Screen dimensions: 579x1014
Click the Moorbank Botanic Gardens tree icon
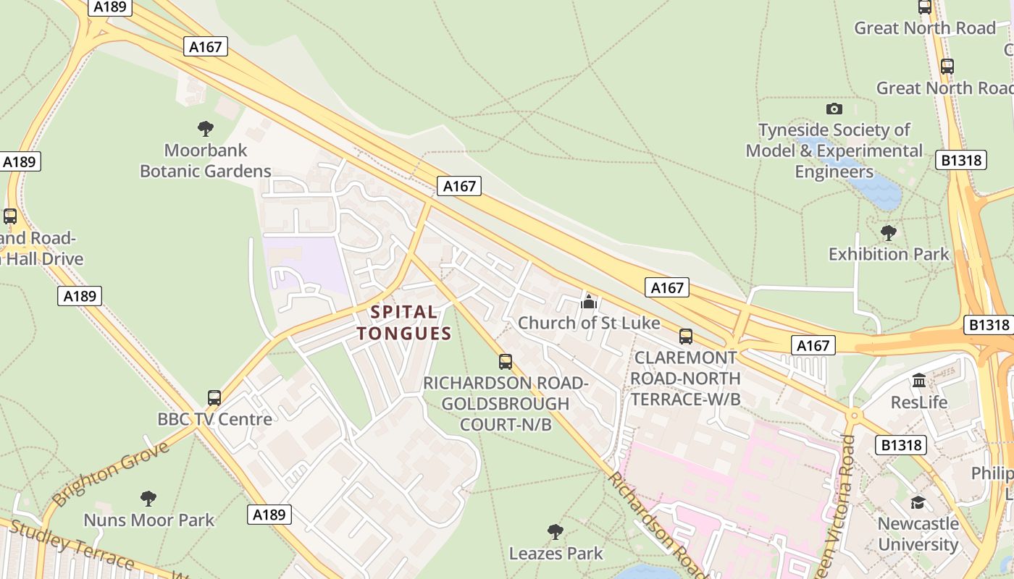tap(206, 129)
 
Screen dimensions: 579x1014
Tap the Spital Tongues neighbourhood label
tap(404, 323)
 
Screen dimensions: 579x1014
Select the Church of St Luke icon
tap(589, 301)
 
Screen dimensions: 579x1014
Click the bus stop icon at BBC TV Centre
tap(214, 397)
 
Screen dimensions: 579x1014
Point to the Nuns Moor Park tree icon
tap(148, 499)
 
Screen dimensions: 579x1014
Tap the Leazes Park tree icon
tap(556, 532)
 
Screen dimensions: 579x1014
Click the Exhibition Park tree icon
tap(888, 233)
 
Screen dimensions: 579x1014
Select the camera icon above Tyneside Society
tap(834, 109)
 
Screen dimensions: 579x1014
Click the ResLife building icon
tap(919, 380)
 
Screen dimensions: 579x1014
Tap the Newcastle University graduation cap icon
tap(918, 502)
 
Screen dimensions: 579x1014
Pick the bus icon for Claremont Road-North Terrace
tap(685, 337)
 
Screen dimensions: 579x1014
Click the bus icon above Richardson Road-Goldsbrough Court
tap(506, 361)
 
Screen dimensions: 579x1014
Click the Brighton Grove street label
tap(110, 473)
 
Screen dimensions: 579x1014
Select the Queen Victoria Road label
tap(840, 507)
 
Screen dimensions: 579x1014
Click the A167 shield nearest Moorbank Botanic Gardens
tap(205, 47)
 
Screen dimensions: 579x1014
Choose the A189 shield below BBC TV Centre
tap(269, 515)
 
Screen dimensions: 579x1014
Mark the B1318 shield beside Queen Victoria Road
tap(900, 444)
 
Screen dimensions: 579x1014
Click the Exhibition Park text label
tap(889, 254)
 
